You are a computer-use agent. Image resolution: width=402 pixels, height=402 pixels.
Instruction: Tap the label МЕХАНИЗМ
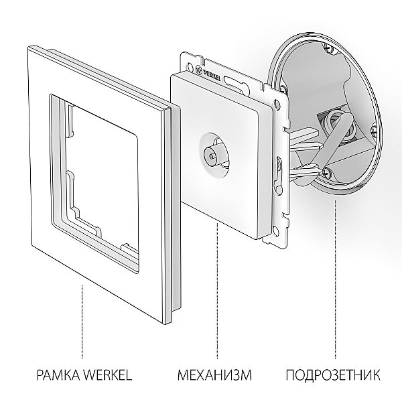[x=216, y=372]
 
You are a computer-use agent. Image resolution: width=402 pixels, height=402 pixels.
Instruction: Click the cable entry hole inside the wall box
[x=332, y=121]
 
